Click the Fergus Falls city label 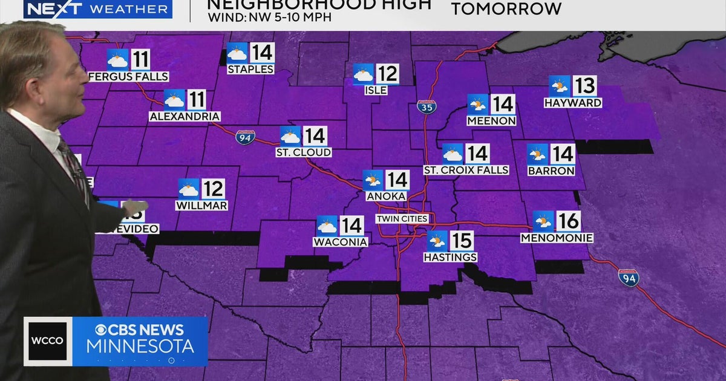click(128, 77)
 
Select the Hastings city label click(450, 258)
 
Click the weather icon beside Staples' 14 click(237, 53)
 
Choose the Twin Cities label click(402, 219)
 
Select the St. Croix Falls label click(466, 171)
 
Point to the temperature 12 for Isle click(387, 74)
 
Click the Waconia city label click(340, 243)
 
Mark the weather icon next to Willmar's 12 click(189, 189)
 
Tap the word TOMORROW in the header click(506, 10)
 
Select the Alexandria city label click(185, 116)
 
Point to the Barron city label click(551, 171)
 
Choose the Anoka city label click(385, 197)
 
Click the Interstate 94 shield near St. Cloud click(245, 137)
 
